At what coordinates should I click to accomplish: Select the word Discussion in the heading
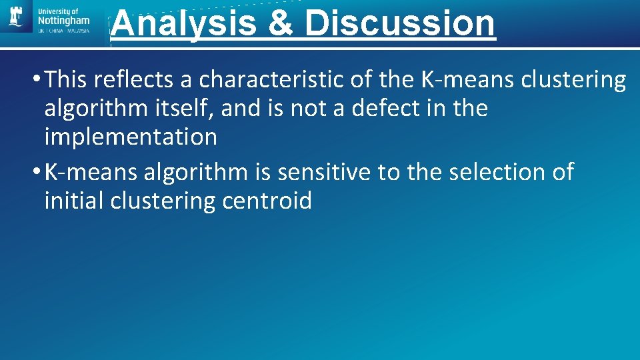(400, 23)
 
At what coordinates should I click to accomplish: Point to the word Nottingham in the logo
(64, 20)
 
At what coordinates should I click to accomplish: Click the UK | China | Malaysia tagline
(64, 31)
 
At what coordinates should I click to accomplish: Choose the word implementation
(131, 137)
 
